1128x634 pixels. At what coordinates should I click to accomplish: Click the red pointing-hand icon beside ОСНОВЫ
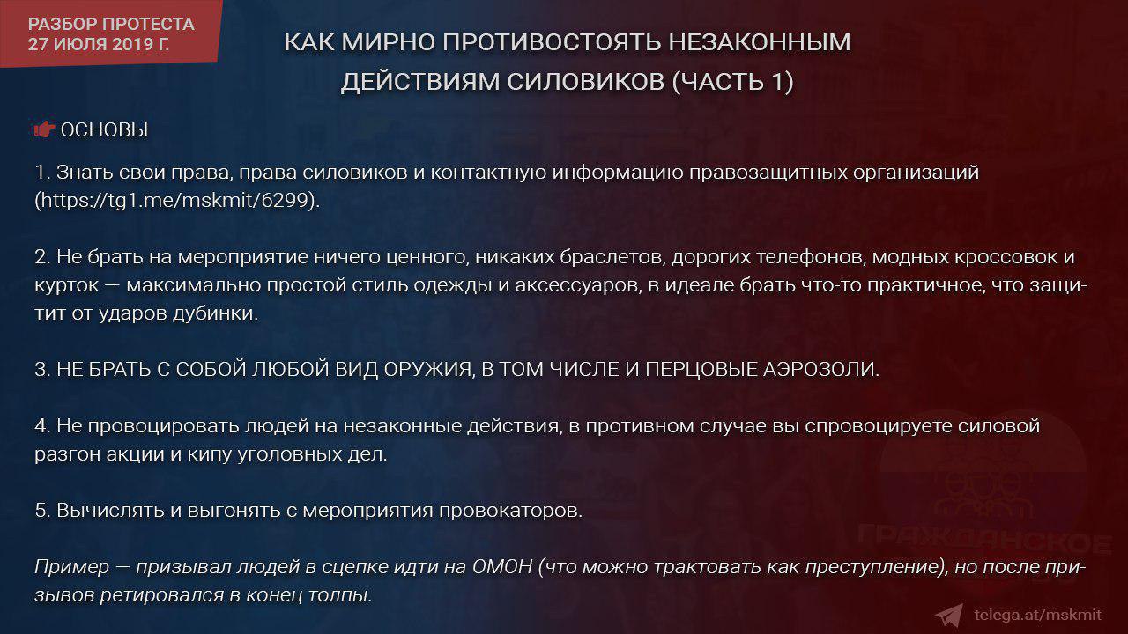pos(44,129)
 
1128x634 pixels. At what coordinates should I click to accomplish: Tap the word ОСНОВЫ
pos(104,129)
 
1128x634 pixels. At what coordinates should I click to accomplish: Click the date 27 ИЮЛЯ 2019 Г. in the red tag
pos(98,44)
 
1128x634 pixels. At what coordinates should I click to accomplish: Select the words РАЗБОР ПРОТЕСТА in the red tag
pos(111,24)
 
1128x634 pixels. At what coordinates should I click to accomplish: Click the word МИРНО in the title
pos(389,41)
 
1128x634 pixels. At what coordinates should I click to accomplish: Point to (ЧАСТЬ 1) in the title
pos(732,82)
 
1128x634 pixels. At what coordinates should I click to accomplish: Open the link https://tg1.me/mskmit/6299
pos(174,200)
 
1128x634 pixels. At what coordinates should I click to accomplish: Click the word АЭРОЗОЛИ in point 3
pos(820,369)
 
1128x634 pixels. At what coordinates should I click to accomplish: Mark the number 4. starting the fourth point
pos(42,426)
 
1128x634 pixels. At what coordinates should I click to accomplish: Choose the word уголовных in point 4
pos(288,454)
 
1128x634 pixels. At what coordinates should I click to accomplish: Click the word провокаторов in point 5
pos(510,511)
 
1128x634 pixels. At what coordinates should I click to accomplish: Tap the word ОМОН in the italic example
pos(502,567)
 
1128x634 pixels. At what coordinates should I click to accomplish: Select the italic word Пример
pos(71,567)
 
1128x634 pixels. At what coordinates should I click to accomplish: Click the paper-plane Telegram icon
pos(950,616)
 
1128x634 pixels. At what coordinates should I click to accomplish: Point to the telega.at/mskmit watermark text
pos(1038,615)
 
